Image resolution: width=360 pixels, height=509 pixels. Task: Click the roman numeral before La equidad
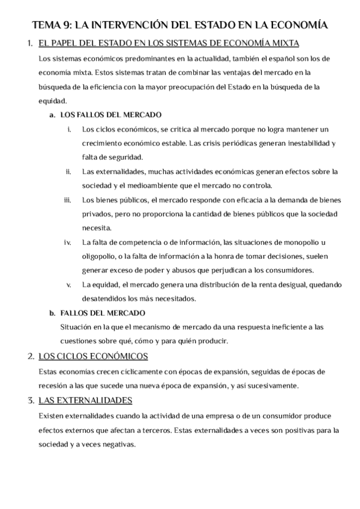pos(69,284)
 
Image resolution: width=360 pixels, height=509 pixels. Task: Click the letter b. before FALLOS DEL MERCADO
pos(52,312)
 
